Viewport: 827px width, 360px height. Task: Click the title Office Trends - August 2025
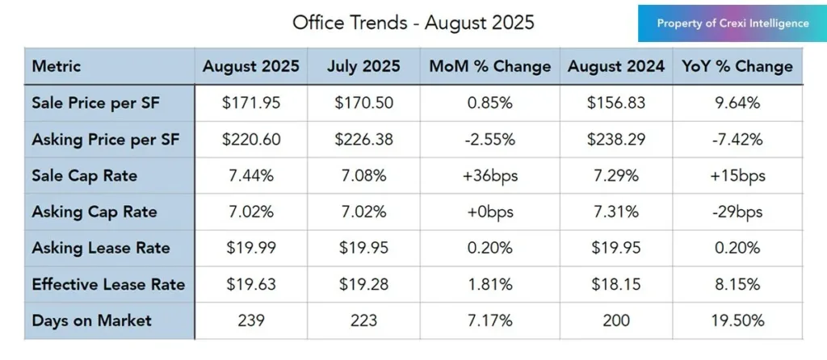click(413, 23)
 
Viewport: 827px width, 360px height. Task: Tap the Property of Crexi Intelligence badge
click(733, 23)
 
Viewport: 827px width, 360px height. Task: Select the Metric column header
click(57, 66)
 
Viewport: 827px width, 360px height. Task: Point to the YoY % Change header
click(737, 66)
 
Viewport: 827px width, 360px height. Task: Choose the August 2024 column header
click(616, 66)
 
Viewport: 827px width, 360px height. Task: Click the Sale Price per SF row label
click(95, 103)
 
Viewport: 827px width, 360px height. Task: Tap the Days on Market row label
click(91, 320)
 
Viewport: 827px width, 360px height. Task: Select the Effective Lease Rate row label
click(108, 284)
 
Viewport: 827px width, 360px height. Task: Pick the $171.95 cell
click(252, 103)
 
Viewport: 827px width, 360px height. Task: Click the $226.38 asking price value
click(363, 140)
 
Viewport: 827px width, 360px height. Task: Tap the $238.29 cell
click(616, 140)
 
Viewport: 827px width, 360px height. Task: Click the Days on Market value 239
click(252, 320)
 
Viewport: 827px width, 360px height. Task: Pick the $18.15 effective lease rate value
click(616, 284)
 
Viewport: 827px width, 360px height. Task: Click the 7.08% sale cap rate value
click(363, 176)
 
